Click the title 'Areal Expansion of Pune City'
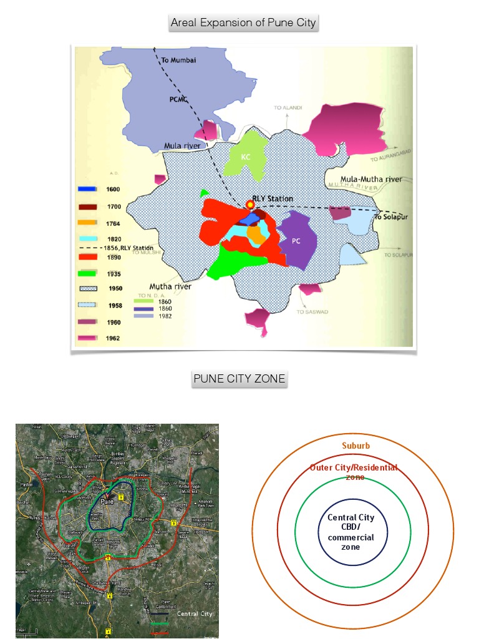click(x=244, y=23)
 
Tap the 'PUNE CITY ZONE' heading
click(x=239, y=379)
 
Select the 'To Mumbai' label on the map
click(x=178, y=61)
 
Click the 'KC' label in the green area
click(x=246, y=157)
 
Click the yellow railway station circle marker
click(x=250, y=204)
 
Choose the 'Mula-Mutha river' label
click(x=367, y=179)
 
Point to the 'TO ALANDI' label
click(x=288, y=108)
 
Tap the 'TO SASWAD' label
click(x=309, y=312)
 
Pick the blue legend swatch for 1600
click(x=87, y=189)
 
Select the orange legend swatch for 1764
click(x=87, y=223)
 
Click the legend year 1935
click(x=114, y=274)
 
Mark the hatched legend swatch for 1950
click(x=87, y=289)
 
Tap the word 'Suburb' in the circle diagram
click(x=356, y=446)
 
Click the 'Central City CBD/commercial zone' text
click(x=351, y=532)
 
